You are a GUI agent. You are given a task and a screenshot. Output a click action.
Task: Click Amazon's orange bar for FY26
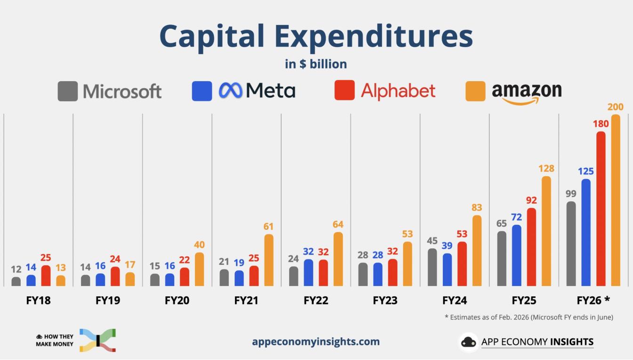[x=615, y=200]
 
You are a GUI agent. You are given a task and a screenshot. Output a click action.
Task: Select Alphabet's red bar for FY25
[x=531, y=247]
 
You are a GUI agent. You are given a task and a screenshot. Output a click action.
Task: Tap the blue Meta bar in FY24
[x=447, y=270]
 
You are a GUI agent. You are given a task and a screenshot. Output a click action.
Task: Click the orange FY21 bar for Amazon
[x=268, y=260]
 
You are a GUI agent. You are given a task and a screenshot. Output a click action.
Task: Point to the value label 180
[x=601, y=123]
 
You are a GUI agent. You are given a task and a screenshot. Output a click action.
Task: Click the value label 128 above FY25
[x=546, y=168]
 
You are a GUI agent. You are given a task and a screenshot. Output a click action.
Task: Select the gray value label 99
[x=571, y=193]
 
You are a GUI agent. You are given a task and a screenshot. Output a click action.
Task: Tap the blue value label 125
[x=586, y=171]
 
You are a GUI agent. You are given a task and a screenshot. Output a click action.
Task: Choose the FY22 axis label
[x=316, y=300]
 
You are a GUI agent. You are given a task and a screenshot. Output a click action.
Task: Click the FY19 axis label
[x=107, y=300]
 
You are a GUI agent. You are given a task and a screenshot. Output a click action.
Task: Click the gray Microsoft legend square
[x=67, y=91]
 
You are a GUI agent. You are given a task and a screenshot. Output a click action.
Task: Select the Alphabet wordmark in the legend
[x=398, y=90]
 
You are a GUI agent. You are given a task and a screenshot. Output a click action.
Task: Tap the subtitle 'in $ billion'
[x=316, y=64]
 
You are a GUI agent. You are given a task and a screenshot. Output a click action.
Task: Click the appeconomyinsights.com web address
[x=316, y=342]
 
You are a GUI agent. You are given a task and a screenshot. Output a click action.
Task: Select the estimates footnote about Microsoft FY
[x=528, y=317]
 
